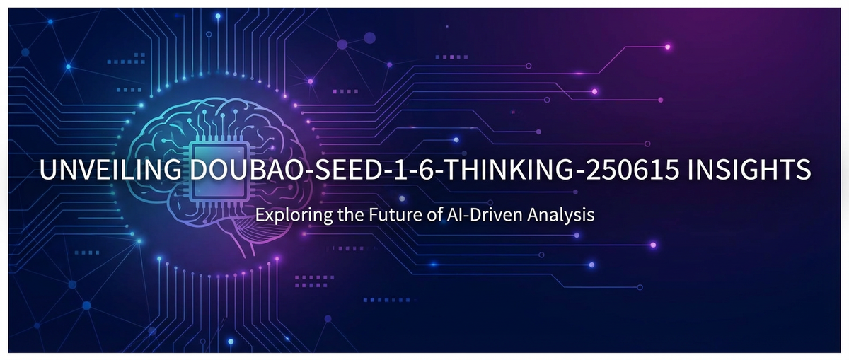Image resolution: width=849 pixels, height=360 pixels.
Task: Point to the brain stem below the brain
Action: tap(244, 248)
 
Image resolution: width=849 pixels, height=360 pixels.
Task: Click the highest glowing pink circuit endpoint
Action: tap(667, 47)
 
